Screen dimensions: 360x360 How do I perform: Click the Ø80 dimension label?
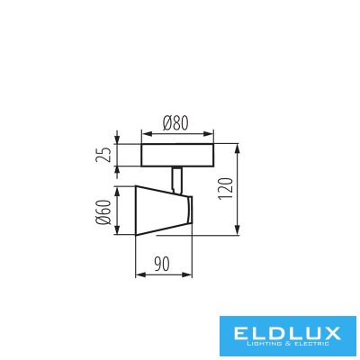[x=175, y=123]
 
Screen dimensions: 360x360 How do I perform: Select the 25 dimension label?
[x=103, y=155]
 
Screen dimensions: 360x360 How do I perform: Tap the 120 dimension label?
[x=226, y=189]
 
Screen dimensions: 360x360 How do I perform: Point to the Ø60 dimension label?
[x=103, y=211]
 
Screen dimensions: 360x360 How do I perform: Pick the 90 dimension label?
[x=162, y=264]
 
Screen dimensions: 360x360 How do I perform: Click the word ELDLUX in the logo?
[x=287, y=333]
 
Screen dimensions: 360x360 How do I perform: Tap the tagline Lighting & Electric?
[x=287, y=344]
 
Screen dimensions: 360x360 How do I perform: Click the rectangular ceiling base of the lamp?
[x=177, y=155]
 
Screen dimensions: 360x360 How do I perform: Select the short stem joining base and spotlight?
[x=176, y=179]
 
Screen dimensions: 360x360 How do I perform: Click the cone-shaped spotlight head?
[x=162, y=211]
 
